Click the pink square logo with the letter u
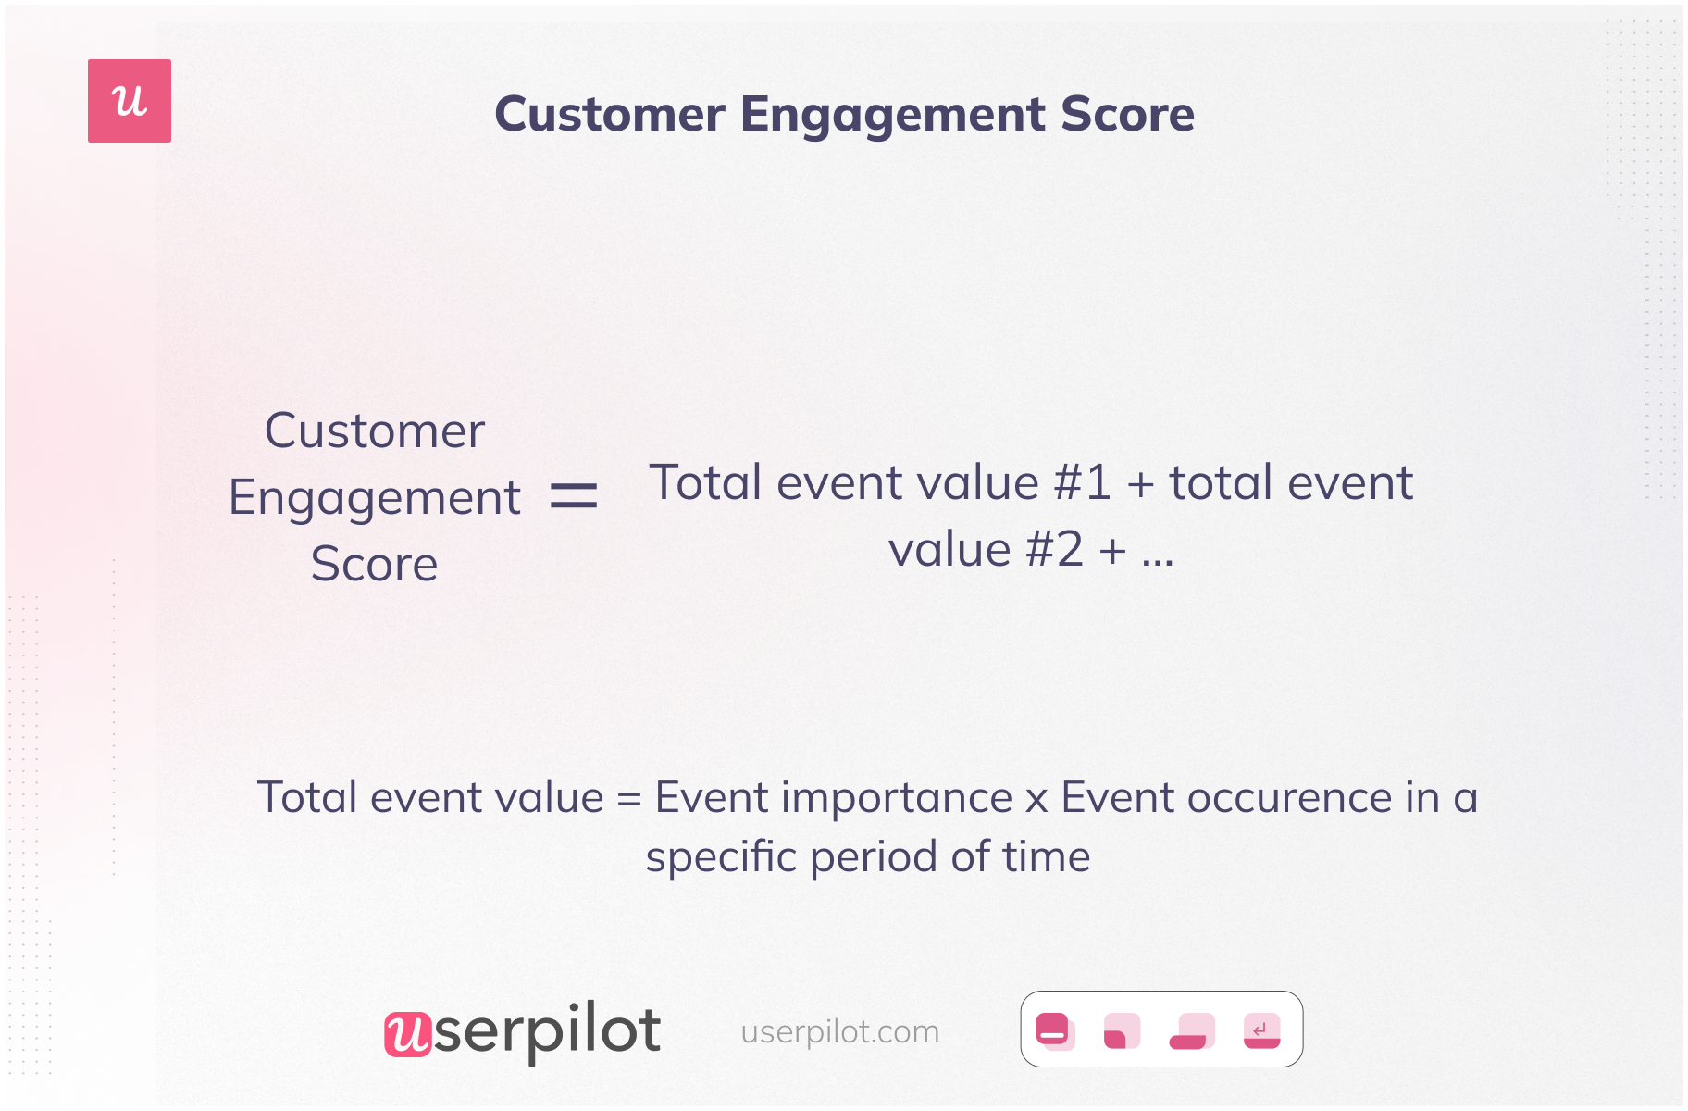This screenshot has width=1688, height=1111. point(130,101)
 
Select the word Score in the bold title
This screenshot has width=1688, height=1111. point(1127,114)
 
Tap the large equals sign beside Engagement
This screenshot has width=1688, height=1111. point(574,496)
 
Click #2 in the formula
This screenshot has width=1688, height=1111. point(1055,549)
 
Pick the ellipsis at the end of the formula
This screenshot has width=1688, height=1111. point(1158,561)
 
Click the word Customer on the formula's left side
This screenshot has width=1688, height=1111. point(375,431)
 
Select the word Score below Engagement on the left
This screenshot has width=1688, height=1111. point(374,564)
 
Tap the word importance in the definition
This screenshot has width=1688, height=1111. point(897,799)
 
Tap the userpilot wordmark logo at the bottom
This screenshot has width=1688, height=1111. point(523,1030)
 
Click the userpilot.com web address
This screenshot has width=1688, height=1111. point(840,1031)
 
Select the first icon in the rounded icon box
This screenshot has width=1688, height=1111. point(1055,1030)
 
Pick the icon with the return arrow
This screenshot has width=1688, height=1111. point(1261,1030)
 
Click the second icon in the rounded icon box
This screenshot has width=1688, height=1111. point(1122,1030)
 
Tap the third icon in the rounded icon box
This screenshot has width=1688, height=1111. point(1192,1030)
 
